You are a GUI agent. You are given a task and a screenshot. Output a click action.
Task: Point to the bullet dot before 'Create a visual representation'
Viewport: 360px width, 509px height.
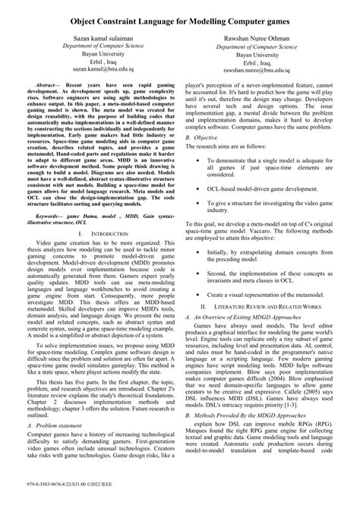(199, 315)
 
